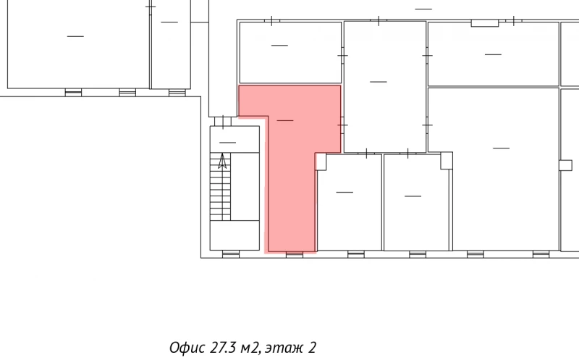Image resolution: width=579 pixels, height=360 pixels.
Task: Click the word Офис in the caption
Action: (x=187, y=347)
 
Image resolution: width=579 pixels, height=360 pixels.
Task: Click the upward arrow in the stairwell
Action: (x=223, y=162)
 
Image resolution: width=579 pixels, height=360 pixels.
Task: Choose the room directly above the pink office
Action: (x=289, y=52)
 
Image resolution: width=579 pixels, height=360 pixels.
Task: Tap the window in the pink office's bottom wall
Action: (x=294, y=254)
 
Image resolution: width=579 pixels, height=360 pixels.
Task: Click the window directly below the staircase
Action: (x=231, y=254)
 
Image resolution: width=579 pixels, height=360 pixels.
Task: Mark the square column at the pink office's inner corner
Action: (x=321, y=162)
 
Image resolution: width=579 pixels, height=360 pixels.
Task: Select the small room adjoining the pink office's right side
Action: (x=349, y=203)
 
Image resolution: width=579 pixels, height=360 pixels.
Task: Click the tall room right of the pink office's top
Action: (x=384, y=87)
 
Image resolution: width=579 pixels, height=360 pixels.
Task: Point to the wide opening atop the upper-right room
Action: (x=485, y=23)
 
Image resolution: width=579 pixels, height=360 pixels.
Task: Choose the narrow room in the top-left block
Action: (x=170, y=45)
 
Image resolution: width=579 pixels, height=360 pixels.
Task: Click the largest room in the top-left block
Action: (x=76, y=45)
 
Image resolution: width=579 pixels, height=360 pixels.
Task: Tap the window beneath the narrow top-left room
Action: (x=177, y=92)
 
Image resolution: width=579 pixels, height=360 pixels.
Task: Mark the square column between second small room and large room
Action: (x=446, y=160)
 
